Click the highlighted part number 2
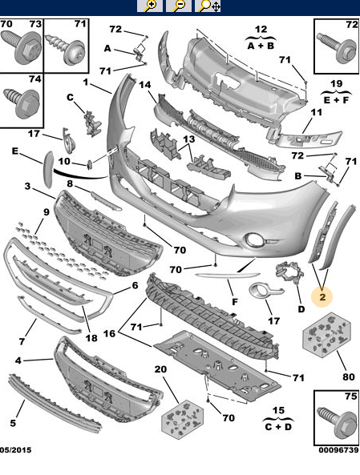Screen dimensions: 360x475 322,296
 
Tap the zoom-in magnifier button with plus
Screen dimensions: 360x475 150,6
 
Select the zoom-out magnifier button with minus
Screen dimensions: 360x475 179,6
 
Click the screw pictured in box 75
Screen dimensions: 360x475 338,422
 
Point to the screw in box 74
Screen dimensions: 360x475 22,103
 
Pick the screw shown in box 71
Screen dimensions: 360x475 65,49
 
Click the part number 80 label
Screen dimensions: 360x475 349,376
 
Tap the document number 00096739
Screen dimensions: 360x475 338,450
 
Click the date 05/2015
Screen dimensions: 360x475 15,450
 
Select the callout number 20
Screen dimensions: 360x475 160,369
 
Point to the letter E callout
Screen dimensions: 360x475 15,151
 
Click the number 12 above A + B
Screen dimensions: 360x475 261,30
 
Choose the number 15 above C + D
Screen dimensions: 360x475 278,410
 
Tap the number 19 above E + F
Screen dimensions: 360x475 336,83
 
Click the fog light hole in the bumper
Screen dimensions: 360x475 254,240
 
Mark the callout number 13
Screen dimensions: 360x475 188,139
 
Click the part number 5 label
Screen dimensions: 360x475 13,423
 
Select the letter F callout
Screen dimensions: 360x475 235,302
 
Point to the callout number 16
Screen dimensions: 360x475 110,333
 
